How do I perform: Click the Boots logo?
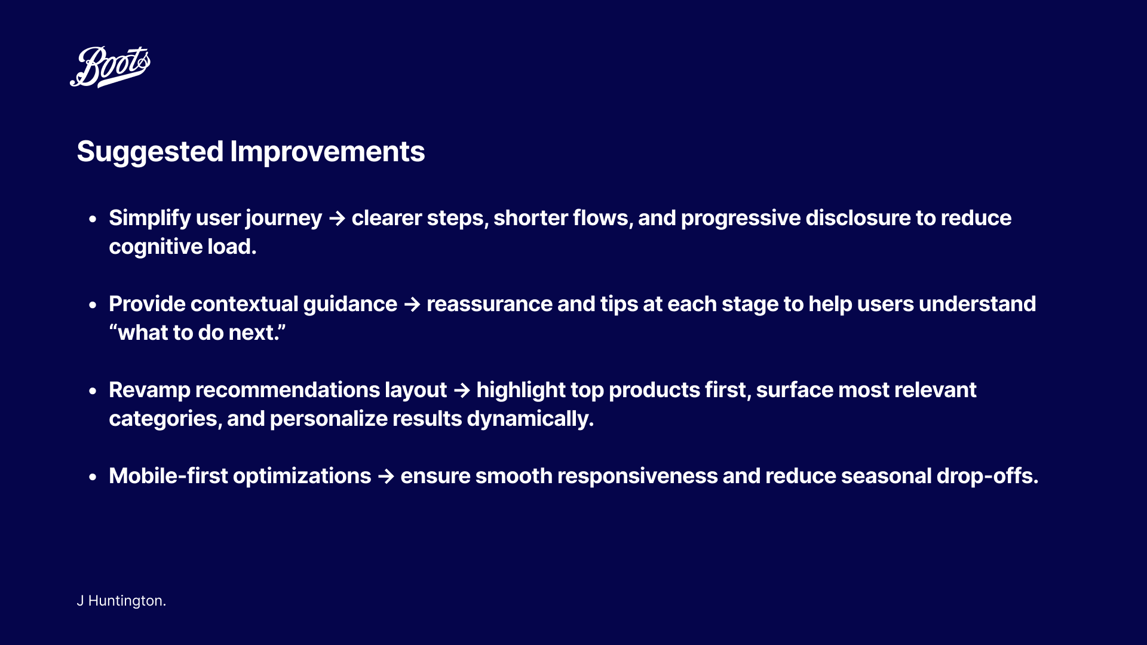pos(110,66)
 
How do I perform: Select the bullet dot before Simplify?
pos(93,219)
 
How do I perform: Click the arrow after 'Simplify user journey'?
pos(337,219)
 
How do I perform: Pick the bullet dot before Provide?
pos(93,305)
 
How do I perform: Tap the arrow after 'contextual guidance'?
pos(412,305)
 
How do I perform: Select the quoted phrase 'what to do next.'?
pos(198,333)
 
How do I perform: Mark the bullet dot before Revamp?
pos(93,391)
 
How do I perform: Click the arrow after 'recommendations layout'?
pos(462,391)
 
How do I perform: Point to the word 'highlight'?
pos(520,391)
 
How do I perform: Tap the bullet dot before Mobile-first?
pos(93,477)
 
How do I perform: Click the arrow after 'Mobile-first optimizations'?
pos(387,477)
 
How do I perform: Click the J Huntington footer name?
pos(121,601)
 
